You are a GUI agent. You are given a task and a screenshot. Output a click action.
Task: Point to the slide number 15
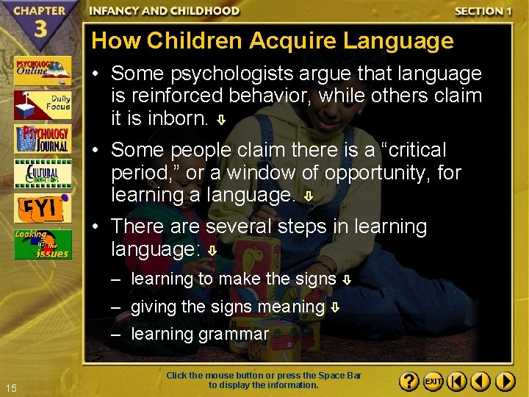click(11, 387)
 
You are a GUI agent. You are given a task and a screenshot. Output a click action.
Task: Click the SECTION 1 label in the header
click(483, 10)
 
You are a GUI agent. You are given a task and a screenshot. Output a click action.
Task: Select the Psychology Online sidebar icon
click(43, 71)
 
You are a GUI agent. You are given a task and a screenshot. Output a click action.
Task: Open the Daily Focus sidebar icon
click(43, 105)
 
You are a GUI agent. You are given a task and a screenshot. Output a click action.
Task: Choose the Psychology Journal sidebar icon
click(43, 140)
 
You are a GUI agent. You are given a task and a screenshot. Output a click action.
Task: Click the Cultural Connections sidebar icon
click(43, 174)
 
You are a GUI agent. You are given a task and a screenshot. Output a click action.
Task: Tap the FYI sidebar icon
click(43, 209)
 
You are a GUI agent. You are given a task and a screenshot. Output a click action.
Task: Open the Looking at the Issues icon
click(43, 244)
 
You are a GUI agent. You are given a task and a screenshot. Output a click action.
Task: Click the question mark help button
click(410, 382)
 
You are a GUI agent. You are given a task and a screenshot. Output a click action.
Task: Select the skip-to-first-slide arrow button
click(457, 382)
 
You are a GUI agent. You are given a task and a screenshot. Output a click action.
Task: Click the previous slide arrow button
click(481, 382)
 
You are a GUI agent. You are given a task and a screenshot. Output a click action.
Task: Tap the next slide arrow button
click(505, 382)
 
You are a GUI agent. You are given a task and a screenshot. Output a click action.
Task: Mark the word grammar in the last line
click(233, 334)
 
